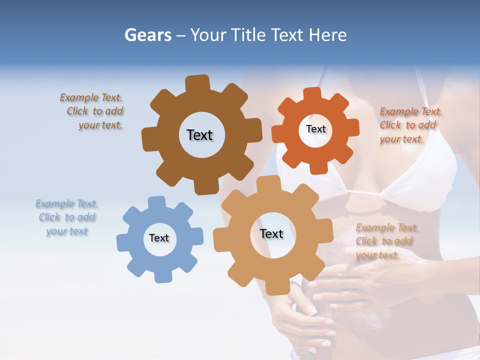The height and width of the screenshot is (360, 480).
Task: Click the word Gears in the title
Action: tap(147, 35)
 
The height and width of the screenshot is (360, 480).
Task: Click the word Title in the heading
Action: tap(248, 35)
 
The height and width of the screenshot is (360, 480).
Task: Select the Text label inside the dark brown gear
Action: tap(199, 135)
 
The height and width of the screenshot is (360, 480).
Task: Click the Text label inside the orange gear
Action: tap(315, 129)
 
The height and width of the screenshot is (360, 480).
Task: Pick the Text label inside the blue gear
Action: tap(158, 238)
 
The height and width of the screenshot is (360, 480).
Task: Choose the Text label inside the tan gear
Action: tap(271, 233)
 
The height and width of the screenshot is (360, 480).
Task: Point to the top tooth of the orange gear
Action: tap(312, 93)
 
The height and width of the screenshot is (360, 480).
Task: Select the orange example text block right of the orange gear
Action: tap(410, 125)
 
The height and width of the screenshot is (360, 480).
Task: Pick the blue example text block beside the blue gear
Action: tap(67, 217)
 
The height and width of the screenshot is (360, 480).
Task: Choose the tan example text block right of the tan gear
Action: tap(386, 241)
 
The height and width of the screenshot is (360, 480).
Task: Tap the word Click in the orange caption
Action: tap(391, 125)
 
